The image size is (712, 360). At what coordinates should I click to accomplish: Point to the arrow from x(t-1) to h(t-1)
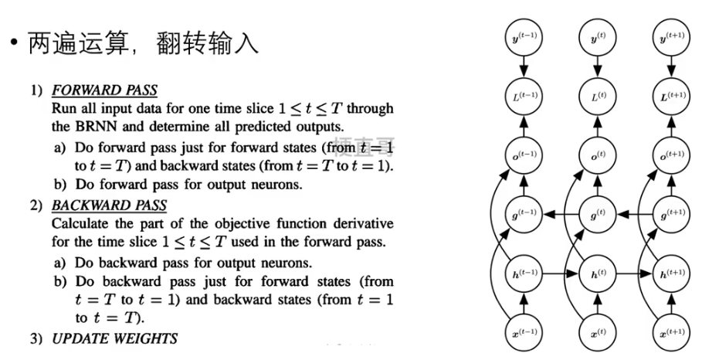pos(522,304)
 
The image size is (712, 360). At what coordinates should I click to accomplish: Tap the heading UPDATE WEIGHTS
pos(114,338)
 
